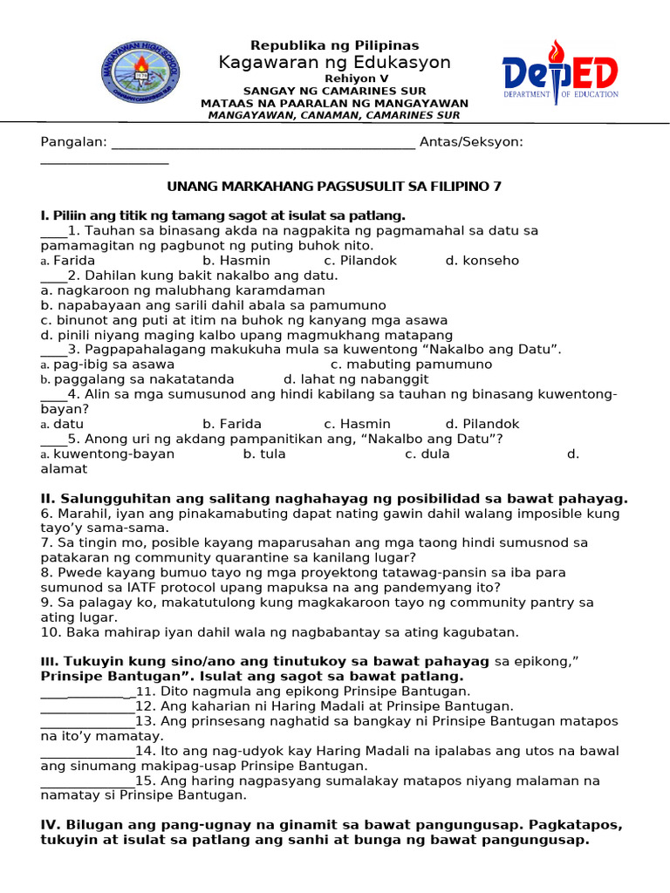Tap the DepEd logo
(x=560, y=72)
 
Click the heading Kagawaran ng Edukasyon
(x=335, y=63)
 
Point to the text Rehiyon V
(x=335, y=78)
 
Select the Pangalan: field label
(x=74, y=142)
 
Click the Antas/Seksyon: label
(x=471, y=142)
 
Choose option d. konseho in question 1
(x=482, y=261)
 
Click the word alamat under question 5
(x=64, y=469)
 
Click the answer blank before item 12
(x=87, y=706)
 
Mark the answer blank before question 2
(x=53, y=276)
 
